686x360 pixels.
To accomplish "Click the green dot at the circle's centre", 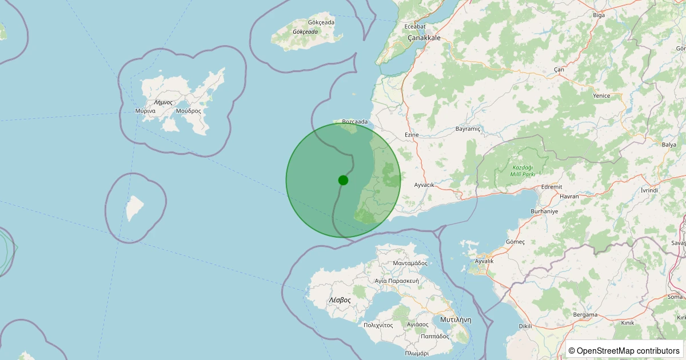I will [x=343, y=180].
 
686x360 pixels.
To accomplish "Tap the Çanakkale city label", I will [x=424, y=38].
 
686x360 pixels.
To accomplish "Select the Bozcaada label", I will [x=354, y=122].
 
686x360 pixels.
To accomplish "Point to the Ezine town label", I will [x=412, y=135].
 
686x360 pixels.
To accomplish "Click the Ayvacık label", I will [x=424, y=185].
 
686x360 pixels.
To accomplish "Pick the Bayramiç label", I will [x=468, y=129].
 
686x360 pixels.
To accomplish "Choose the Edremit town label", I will [x=552, y=187].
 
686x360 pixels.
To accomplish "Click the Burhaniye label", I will [x=544, y=211].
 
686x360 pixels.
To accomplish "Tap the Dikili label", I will [x=525, y=326].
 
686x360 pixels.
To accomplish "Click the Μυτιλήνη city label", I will [x=455, y=319].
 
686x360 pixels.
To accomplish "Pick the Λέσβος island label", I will [x=340, y=300].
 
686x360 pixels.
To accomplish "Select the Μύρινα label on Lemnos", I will [x=146, y=111].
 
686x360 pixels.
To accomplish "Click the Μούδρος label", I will [x=189, y=111].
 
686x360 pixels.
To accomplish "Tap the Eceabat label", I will [x=415, y=26].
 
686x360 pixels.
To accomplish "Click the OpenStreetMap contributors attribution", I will [x=624, y=350].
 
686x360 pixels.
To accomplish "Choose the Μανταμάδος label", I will [x=410, y=263].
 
